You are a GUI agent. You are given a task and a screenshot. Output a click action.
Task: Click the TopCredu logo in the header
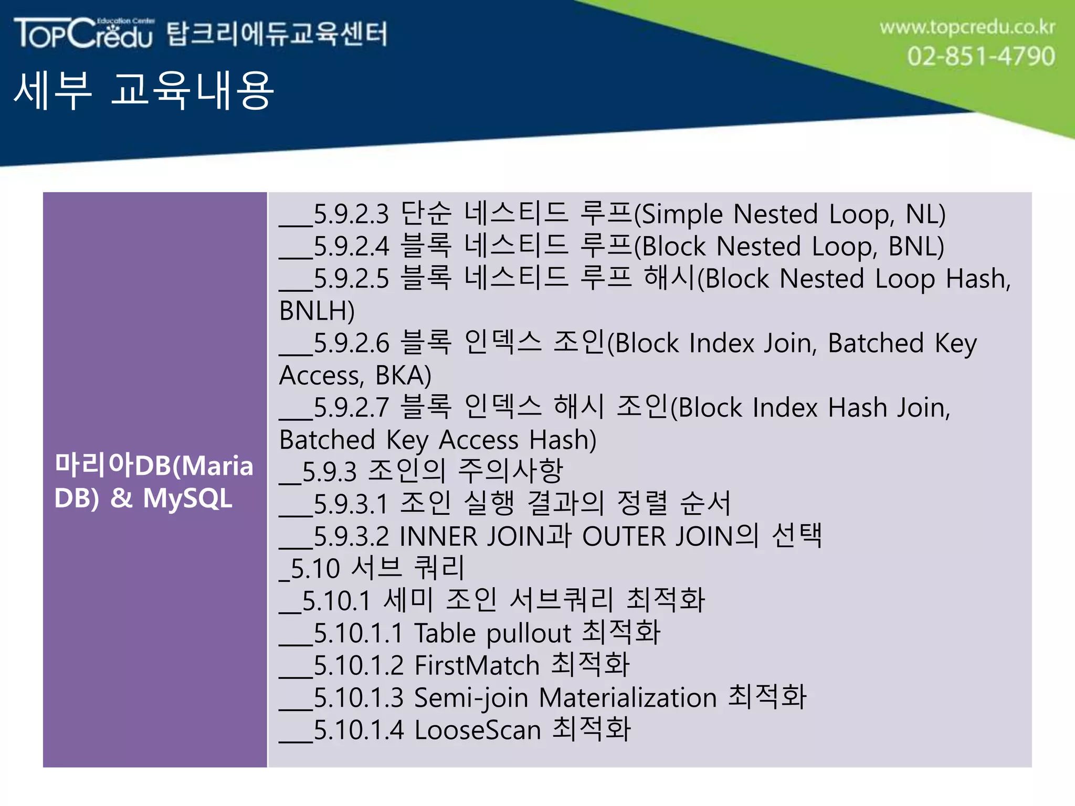[84, 34]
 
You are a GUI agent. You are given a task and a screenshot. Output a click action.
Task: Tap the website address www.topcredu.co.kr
[967, 27]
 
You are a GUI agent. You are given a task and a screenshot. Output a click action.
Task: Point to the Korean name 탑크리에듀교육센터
[277, 34]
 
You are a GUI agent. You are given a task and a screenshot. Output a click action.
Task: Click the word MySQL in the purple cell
[187, 498]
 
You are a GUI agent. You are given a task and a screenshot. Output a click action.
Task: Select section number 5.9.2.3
[351, 214]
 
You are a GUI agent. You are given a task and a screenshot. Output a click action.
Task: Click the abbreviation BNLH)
[317, 311]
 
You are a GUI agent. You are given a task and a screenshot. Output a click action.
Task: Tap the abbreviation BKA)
[403, 375]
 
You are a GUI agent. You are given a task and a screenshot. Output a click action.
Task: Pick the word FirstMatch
[477, 665]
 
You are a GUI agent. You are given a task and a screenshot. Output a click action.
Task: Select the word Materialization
[628, 698]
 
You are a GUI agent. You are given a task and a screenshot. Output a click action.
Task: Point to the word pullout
[528, 633]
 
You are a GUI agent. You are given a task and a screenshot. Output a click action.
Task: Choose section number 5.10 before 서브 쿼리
[315, 569]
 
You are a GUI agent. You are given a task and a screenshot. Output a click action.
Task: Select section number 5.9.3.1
[351, 504]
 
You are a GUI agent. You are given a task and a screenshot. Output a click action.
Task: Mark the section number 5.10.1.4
[359, 730]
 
